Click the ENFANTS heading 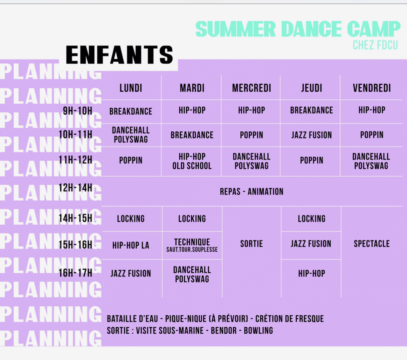click(x=119, y=55)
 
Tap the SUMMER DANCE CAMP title click(x=298, y=29)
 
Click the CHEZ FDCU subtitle click(x=375, y=45)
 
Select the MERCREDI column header click(x=252, y=88)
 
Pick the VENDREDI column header click(x=372, y=88)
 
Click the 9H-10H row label click(x=78, y=111)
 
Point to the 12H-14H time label click(x=76, y=188)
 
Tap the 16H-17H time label click(x=76, y=273)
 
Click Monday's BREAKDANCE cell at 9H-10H click(x=131, y=112)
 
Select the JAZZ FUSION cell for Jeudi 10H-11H click(x=312, y=135)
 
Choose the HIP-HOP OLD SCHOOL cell click(x=192, y=161)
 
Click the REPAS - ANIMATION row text click(x=252, y=192)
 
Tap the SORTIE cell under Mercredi click(x=252, y=244)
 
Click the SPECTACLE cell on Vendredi click(x=372, y=244)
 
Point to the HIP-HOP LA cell click(x=131, y=245)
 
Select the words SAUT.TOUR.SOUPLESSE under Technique click(x=192, y=249)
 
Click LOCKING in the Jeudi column click(x=312, y=219)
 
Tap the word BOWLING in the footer click(x=258, y=330)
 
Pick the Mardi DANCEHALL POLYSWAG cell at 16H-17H click(x=192, y=275)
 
